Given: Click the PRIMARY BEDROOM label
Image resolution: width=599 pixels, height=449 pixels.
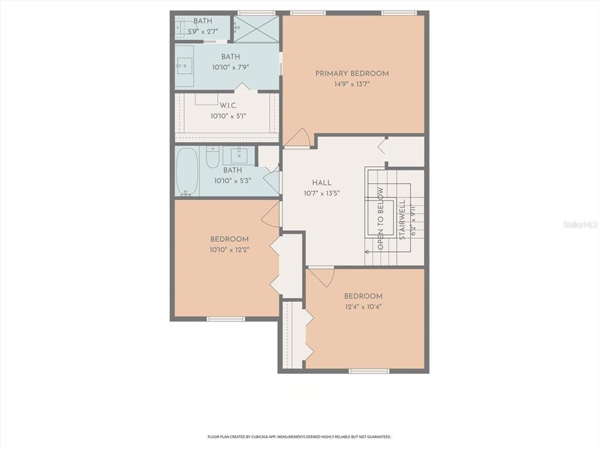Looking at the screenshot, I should point(352,74).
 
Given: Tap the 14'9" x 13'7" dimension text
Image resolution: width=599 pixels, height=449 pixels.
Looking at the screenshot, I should point(352,84).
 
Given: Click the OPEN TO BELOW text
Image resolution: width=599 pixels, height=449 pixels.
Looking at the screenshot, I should point(380,219).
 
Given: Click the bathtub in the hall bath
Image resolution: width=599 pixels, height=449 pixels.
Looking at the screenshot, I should point(187,171).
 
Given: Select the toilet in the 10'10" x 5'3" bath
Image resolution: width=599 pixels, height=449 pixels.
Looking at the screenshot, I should point(212,156).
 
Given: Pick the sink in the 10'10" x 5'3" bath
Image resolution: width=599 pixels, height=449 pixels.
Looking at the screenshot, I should point(239,156).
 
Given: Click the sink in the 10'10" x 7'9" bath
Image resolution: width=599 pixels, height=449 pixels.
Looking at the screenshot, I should point(185,66).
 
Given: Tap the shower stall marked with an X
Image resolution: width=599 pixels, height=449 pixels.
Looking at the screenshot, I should point(256,29).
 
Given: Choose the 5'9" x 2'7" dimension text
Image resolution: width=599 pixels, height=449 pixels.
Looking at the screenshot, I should point(203,31).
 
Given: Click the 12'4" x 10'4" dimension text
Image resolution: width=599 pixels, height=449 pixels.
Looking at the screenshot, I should point(363,307).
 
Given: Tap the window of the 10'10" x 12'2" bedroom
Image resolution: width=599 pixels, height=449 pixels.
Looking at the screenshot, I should point(226,319).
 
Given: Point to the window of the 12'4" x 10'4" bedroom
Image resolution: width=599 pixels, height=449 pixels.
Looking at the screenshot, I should point(369,371).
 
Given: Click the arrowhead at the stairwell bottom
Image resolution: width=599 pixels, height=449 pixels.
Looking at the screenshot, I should point(367,252).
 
